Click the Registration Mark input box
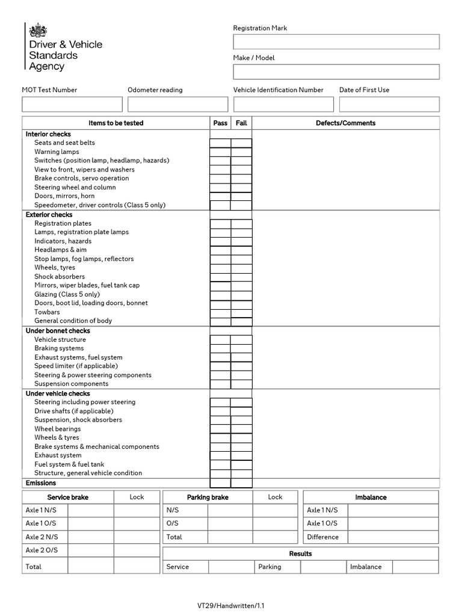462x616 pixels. point(336,42)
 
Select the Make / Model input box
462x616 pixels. point(336,72)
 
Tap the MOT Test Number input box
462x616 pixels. point(72,104)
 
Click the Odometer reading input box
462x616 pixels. point(177,104)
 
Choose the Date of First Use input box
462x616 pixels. point(389,104)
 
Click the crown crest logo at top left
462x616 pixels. point(37,31)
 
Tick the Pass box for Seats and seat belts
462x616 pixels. point(220,143)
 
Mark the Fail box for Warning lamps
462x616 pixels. point(241,152)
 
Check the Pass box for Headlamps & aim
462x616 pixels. point(220,250)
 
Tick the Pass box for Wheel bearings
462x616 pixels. point(220,429)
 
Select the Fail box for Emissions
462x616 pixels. point(241,483)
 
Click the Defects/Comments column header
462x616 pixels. point(345,123)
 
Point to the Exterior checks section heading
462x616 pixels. point(49,215)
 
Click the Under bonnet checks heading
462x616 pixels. point(58,331)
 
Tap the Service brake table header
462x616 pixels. point(67,497)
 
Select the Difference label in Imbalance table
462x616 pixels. point(323,537)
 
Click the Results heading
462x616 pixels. point(300,553)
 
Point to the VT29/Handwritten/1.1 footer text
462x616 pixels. point(230,606)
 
